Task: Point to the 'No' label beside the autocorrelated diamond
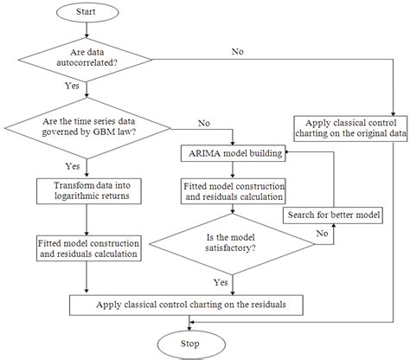click(x=237, y=53)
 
